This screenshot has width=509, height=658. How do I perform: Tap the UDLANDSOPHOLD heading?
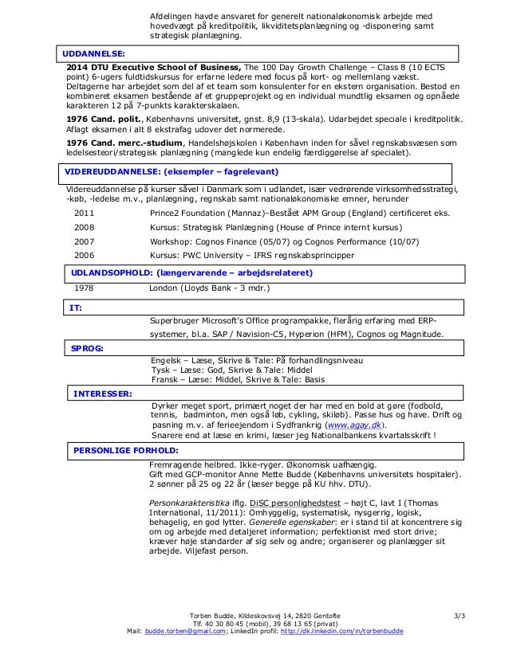tap(191, 272)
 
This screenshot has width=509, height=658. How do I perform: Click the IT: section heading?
tap(77, 307)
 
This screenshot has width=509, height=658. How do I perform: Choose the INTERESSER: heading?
tap(103, 394)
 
